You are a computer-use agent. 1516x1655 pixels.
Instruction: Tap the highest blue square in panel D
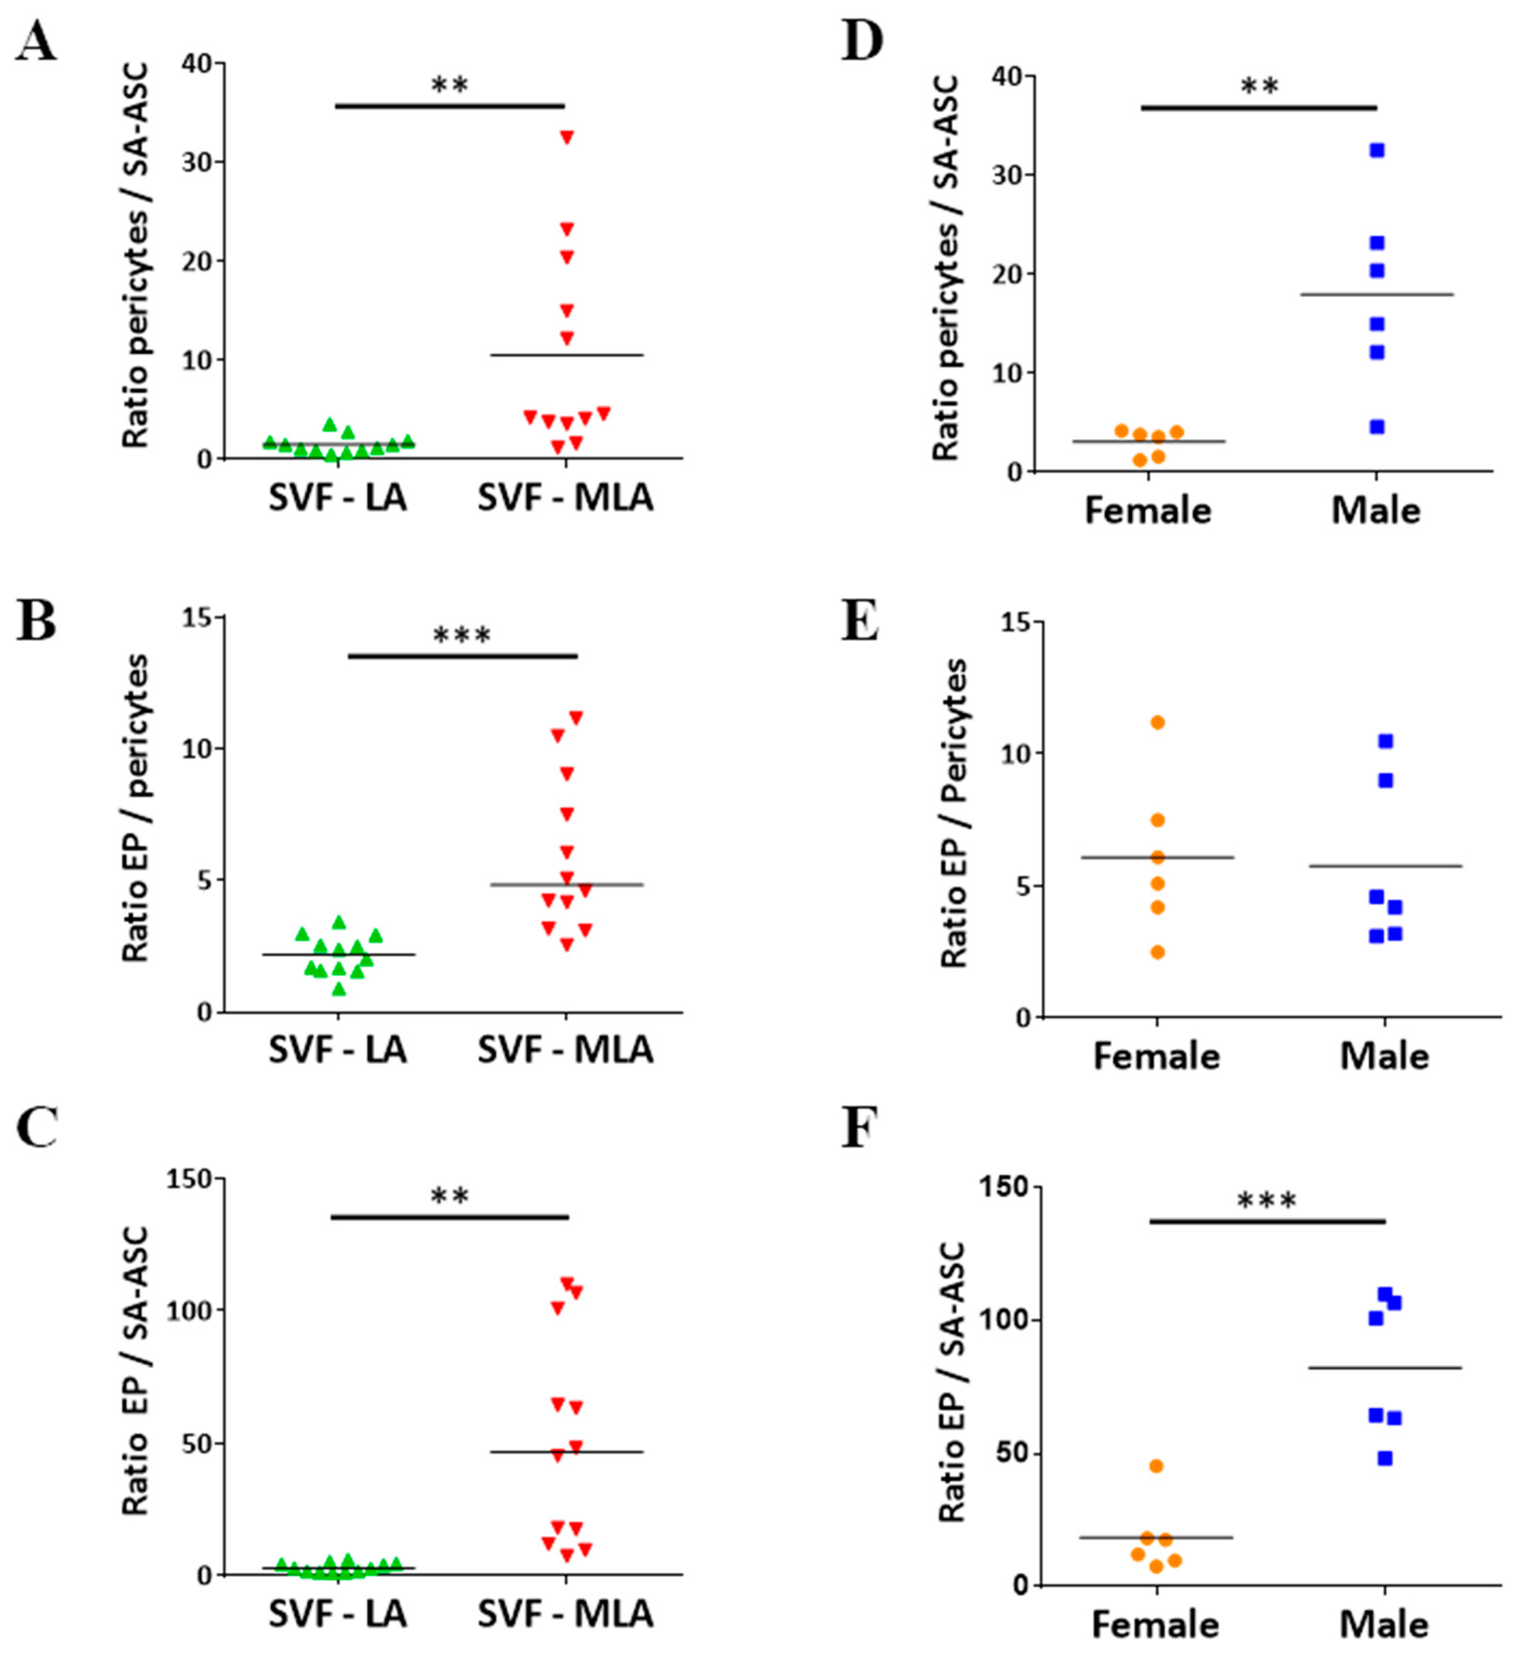pyautogui.click(x=1376, y=150)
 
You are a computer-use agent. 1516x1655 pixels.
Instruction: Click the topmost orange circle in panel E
pyautogui.click(x=1157, y=723)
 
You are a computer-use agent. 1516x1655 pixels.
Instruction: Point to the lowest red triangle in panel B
pyautogui.click(x=566, y=945)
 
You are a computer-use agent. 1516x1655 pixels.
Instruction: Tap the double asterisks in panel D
pyautogui.click(x=1259, y=86)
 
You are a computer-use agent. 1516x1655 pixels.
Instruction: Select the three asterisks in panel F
pyautogui.click(x=1267, y=1202)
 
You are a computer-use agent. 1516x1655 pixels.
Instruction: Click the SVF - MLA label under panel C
pyautogui.click(x=565, y=1613)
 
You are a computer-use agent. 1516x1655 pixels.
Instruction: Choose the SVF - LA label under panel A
pyautogui.click(x=337, y=497)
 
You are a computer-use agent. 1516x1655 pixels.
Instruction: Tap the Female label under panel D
pyautogui.click(x=1147, y=510)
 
